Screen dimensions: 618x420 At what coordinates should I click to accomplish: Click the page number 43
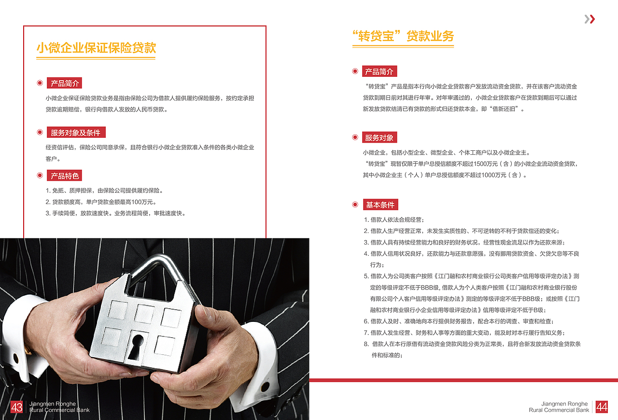[x=16, y=407]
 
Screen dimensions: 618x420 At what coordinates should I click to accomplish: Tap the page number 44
[x=602, y=407]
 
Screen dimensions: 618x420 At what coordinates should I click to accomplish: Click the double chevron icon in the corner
[x=590, y=19]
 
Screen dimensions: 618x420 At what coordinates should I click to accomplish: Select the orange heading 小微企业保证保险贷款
[x=96, y=48]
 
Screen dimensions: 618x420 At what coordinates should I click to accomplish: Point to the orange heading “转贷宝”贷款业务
[x=403, y=36]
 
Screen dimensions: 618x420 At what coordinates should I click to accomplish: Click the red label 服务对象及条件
[x=76, y=132]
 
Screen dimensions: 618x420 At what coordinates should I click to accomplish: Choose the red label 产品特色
[x=64, y=175]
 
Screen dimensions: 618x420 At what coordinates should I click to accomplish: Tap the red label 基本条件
[x=380, y=204]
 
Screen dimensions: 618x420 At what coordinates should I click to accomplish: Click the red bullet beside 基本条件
[x=355, y=204]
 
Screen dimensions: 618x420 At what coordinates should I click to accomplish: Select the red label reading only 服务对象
[x=379, y=138]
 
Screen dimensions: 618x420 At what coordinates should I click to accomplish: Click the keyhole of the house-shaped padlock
[x=136, y=347]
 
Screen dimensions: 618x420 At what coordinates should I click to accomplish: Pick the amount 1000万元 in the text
[x=492, y=175]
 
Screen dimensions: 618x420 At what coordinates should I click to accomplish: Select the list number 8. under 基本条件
[x=366, y=344]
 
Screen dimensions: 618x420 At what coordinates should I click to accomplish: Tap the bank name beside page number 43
[x=59, y=407]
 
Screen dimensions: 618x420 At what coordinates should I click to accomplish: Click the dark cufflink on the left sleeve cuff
[x=16, y=359]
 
